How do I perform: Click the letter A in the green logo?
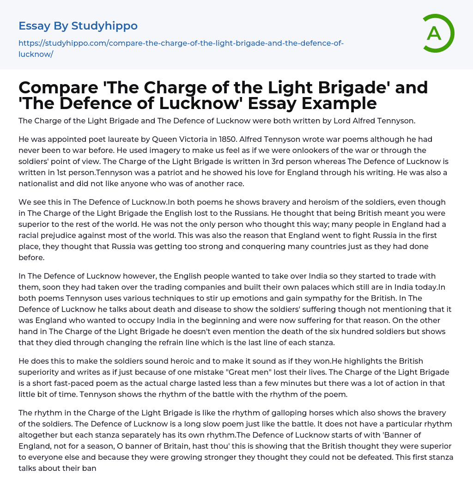click(x=434, y=33)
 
